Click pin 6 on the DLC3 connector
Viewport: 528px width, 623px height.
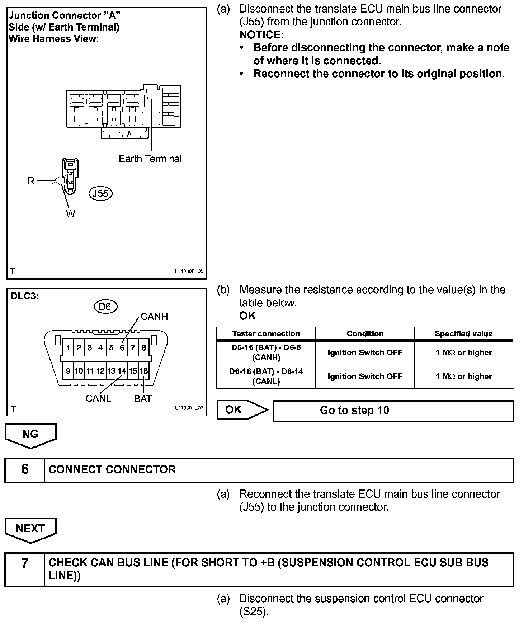[x=122, y=347]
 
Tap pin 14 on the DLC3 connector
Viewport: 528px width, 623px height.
[x=122, y=371]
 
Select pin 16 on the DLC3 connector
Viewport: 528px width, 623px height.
[x=144, y=371]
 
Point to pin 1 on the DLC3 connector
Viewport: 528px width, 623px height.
[x=68, y=347]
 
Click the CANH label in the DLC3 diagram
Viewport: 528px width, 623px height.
[x=154, y=317]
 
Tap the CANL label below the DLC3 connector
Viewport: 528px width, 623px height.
[x=98, y=398]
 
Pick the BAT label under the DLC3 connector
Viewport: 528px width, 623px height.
[x=143, y=399]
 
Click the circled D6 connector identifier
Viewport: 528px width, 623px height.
[x=105, y=306]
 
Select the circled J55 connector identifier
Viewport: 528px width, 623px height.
[x=100, y=193]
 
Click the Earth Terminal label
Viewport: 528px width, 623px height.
[x=150, y=159]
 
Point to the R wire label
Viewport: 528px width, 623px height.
[x=31, y=181]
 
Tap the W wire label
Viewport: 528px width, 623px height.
[x=71, y=214]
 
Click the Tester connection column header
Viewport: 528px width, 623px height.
[x=266, y=333]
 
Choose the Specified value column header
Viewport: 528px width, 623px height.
[x=463, y=333]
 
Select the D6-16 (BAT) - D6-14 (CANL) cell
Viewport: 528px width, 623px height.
[x=266, y=376]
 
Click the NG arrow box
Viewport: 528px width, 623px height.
[x=30, y=435]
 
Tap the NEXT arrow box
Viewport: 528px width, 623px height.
[x=30, y=529]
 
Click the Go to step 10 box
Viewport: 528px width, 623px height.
[x=393, y=411]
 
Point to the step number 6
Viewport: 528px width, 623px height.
[x=25, y=469]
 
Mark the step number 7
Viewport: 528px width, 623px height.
[x=25, y=563]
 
